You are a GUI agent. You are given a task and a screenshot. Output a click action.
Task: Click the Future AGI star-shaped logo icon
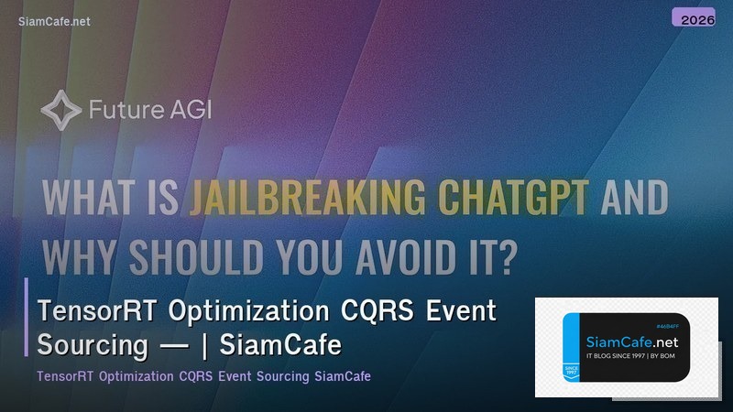pyautogui.click(x=60, y=112)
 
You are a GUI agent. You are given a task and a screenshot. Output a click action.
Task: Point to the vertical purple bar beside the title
pyautogui.click(x=27, y=316)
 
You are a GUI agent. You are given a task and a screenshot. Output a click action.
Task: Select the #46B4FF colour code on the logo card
pyautogui.click(x=673, y=325)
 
